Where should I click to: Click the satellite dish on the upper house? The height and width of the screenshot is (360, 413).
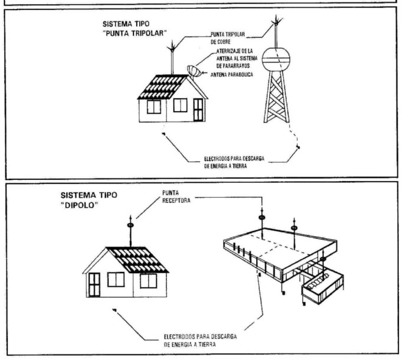point(194,71)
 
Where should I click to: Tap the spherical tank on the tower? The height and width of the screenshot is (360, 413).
point(276,60)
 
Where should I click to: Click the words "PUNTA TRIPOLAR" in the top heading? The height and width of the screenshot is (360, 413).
point(135,34)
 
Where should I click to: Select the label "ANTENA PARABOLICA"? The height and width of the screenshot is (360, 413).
point(231,74)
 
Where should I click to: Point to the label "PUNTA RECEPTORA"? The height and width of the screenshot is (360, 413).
point(176,197)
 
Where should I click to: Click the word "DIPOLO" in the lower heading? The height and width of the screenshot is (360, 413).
point(79,205)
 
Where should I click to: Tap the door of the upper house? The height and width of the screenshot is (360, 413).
point(198,110)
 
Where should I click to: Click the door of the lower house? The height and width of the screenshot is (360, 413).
point(94,284)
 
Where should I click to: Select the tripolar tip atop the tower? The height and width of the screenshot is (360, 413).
point(276,21)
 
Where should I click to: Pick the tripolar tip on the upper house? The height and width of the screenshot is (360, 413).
point(172,47)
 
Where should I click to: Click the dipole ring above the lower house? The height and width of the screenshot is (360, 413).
point(130,225)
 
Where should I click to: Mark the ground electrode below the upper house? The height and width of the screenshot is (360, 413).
point(163,134)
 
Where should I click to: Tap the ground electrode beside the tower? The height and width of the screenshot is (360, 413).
point(298,147)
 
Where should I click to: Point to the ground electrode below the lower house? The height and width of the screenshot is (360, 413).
point(114,310)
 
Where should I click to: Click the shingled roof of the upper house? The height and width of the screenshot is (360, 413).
point(163,87)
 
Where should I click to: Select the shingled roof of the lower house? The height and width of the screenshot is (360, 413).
point(137,260)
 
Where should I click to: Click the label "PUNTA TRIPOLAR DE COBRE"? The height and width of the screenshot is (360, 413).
point(228,38)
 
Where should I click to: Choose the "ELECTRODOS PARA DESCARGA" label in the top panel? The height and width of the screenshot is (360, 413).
point(234,159)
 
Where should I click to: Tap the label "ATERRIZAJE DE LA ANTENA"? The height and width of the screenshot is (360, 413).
point(237,54)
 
